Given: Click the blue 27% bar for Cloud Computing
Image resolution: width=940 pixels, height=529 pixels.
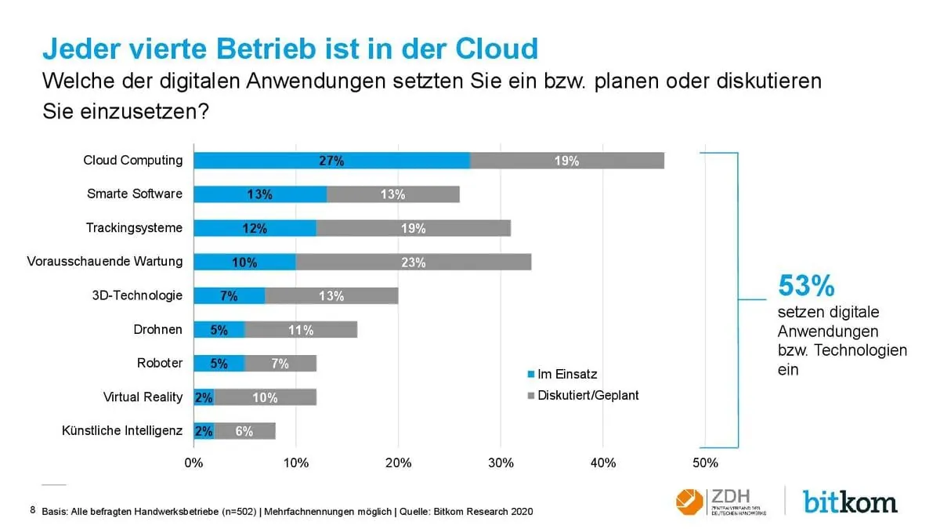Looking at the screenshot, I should point(331,161).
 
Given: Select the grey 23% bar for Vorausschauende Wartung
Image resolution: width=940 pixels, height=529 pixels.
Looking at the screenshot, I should point(413,263).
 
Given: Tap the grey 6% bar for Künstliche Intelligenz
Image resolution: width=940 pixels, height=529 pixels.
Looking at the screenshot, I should point(244,431).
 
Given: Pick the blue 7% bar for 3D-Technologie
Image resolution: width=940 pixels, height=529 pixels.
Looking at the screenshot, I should point(229,296).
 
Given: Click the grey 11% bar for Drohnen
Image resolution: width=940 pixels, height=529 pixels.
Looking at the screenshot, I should point(301,330).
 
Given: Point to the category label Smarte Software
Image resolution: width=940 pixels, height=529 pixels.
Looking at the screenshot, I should point(135,194).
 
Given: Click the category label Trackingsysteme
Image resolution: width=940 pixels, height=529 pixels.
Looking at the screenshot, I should point(134,228).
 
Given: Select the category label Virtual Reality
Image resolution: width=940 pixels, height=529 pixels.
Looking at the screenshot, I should point(143,397).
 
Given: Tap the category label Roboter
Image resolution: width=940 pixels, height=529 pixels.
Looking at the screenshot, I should point(160,363).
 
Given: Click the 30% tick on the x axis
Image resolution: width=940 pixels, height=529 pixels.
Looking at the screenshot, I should point(501,463).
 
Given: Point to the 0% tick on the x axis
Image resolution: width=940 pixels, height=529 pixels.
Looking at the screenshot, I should point(193,463).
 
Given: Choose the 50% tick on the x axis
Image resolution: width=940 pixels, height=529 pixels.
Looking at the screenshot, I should point(705,463).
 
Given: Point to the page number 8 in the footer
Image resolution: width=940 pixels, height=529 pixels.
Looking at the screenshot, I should point(33,510).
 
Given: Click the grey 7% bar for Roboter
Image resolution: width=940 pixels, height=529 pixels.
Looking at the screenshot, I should point(280,364).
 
